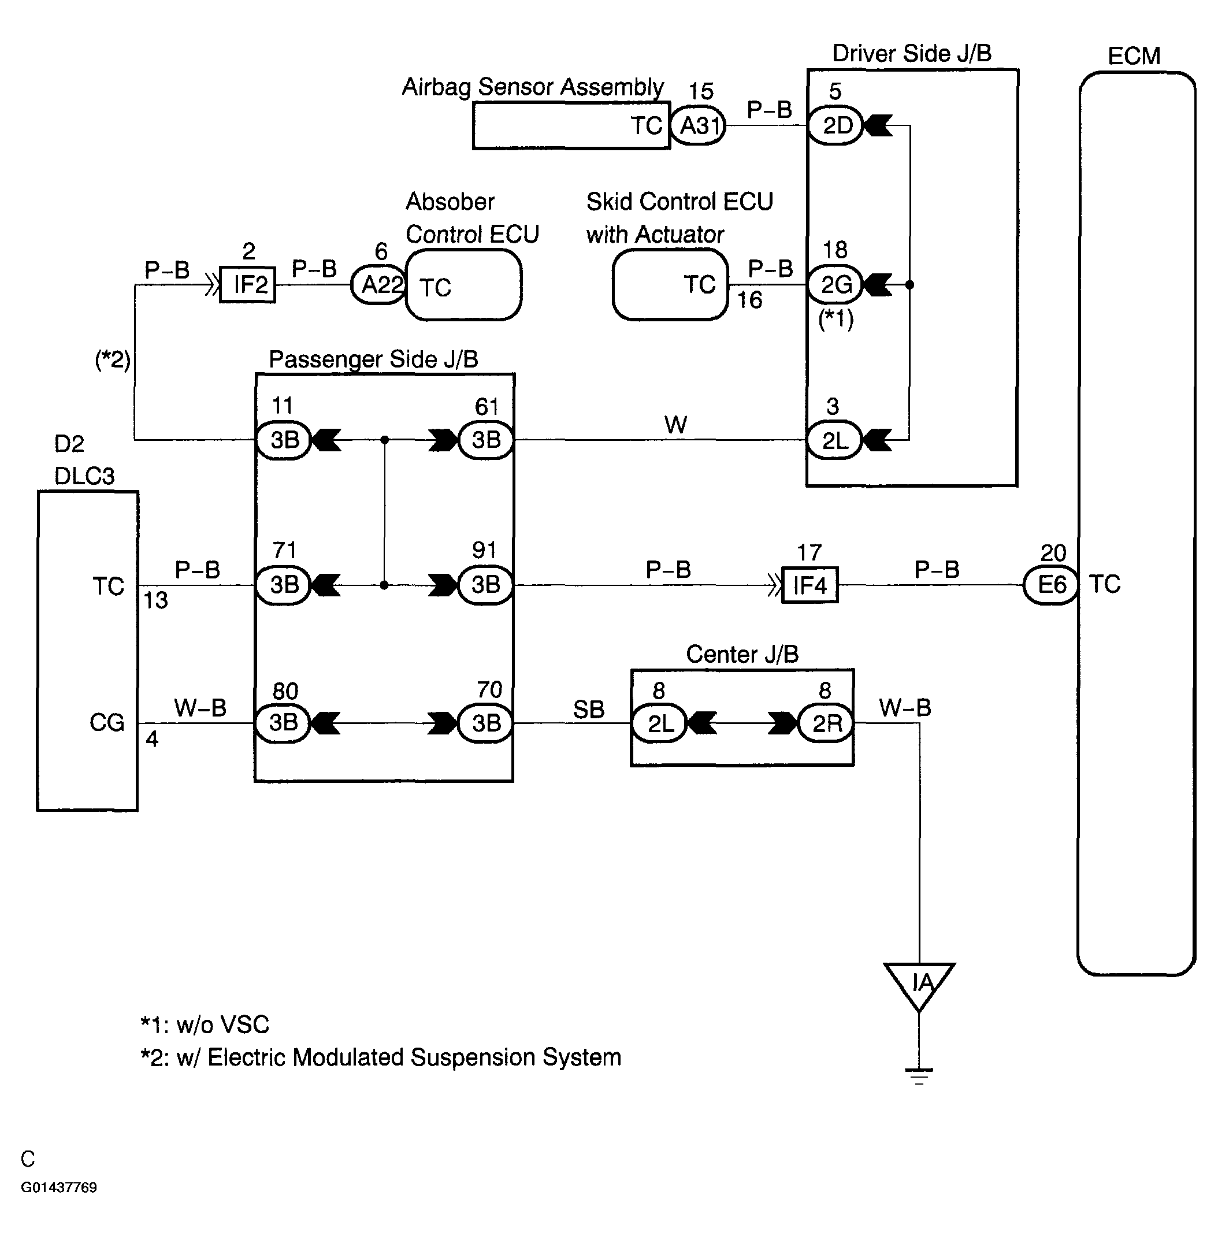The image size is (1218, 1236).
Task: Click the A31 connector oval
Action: tap(698, 125)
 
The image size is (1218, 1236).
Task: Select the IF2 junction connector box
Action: tap(247, 285)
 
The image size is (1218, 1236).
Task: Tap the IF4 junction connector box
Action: tap(810, 585)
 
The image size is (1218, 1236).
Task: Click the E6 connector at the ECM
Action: tap(1051, 585)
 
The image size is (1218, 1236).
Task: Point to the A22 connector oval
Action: tap(380, 285)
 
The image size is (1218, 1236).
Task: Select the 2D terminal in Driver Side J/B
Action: tap(835, 125)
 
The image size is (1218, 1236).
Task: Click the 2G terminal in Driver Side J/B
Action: tap(835, 285)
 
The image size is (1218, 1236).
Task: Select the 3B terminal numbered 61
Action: tap(485, 440)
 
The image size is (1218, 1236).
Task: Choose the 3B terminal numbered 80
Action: tap(283, 723)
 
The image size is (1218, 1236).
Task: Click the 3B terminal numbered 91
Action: tap(485, 585)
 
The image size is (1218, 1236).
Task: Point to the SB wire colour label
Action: tap(589, 710)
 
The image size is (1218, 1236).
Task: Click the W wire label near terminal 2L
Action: tap(675, 425)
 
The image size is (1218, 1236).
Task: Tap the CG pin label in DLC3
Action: tap(107, 723)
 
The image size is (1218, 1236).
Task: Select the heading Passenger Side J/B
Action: tap(374, 359)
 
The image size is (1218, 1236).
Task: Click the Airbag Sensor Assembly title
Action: tap(533, 87)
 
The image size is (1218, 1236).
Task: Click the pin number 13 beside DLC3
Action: tap(155, 601)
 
